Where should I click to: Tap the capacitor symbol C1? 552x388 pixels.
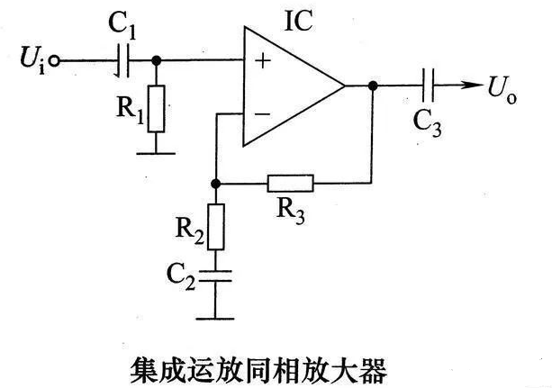[x=125, y=61]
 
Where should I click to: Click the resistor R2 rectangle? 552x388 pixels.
[x=216, y=225]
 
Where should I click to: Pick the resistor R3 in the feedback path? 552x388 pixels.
[x=290, y=184]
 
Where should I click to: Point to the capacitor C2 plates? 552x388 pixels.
[x=216, y=275]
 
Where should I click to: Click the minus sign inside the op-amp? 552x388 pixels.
[x=262, y=114]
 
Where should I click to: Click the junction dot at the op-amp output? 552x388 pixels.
[x=371, y=86]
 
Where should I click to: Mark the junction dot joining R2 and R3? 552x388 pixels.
[x=216, y=184]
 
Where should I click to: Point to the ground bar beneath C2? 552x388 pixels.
[x=216, y=316]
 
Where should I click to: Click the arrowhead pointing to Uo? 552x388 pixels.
[x=469, y=86]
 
